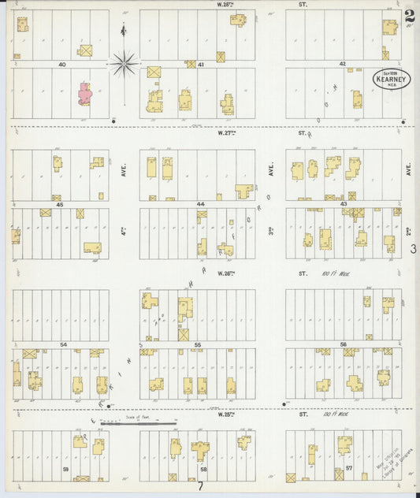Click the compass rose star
pyautogui.click(x=125, y=63)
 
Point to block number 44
pyautogui.click(x=201, y=204)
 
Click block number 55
pyautogui.click(x=199, y=345)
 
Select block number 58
pyautogui.click(x=203, y=469)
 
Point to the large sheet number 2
pyautogui.click(x=408, y=16)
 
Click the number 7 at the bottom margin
pyautogui.click(x=200, y=486)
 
